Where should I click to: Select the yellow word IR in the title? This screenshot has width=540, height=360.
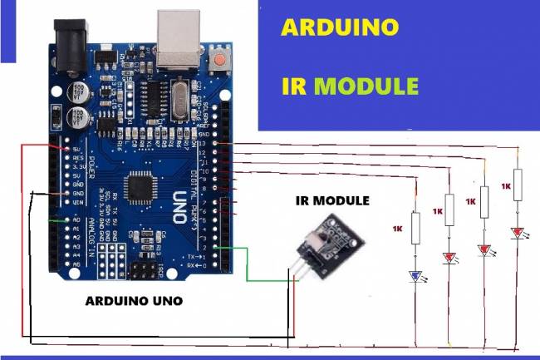[295, 86]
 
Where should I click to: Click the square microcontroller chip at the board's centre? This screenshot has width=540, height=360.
[140, 187]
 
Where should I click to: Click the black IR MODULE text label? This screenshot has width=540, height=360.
[332, 201]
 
